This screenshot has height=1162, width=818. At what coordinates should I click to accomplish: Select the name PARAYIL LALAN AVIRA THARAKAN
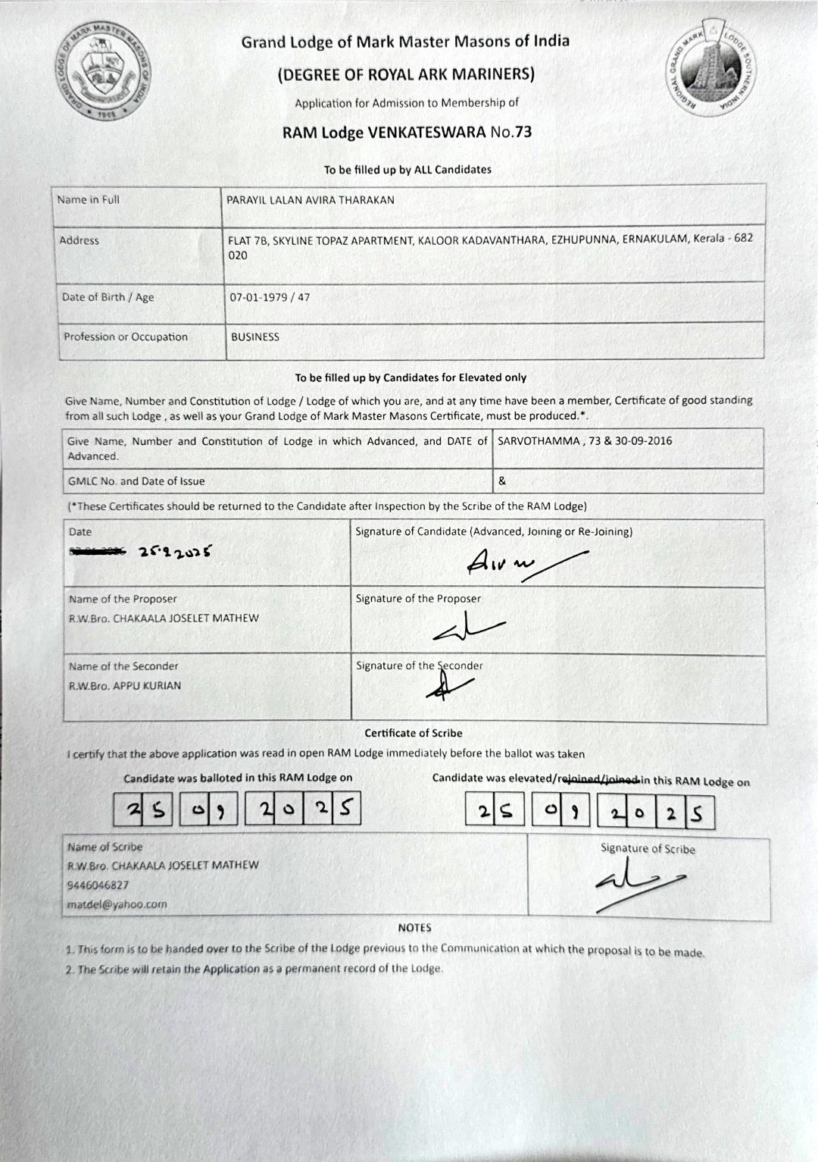tap(311, 200)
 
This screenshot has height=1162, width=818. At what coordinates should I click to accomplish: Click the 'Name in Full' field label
tap(88, 200)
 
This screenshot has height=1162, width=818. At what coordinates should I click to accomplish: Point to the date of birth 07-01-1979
tap(258, 297)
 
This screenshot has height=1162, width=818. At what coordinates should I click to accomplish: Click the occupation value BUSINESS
tap(255, 337)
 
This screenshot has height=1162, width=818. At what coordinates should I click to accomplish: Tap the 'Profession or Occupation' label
tap(126, 337)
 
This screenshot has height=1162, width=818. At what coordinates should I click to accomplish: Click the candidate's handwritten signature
tap(515, 561)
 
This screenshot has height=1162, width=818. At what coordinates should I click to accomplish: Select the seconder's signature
tap(447, 684)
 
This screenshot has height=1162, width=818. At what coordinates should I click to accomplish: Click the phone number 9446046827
tap(98, 885)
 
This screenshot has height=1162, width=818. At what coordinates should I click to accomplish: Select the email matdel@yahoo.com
tap(117, 904)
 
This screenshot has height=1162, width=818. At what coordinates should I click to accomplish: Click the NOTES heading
tap(414, 928)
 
